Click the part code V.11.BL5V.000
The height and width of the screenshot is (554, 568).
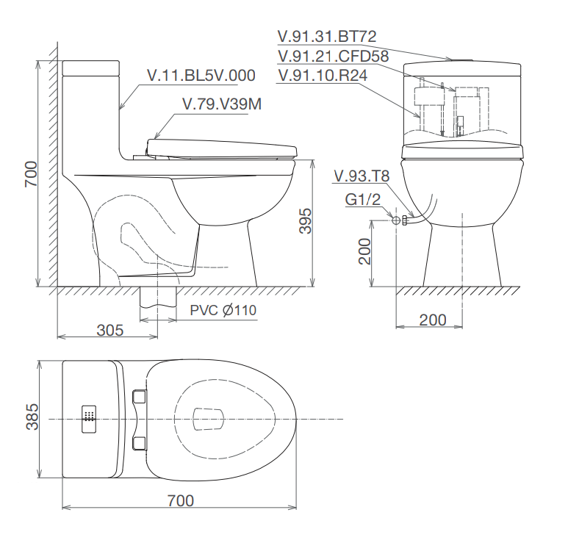coord(201,76)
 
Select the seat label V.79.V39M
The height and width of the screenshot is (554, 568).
coord(222,104)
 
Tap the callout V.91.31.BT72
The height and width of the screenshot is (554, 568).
coord(327,36)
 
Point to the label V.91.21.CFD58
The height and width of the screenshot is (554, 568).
coord(334,56)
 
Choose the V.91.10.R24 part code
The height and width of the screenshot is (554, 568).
coord(323,76)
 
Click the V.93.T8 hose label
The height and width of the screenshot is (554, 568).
coord(362,176)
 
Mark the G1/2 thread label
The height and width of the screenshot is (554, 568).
coord(363,199)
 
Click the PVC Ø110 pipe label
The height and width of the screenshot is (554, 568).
coord(223,310)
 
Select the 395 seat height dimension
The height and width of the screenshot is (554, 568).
coord(306,221)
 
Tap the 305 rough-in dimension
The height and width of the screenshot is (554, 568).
coord(110,330)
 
